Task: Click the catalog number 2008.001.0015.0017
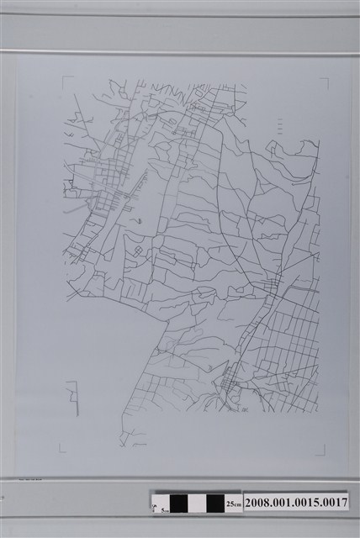pyautogui.click(x=295, y=502)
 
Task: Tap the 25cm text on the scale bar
pyautogui.click(x=234, y=503)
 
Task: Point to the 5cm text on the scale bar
pyautogui.click(x=162, y=508)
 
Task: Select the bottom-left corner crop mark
pyautogui.click(x=64, y=450)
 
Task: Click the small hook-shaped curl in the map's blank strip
pyautogui.click(x=140, y=221)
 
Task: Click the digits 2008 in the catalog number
pyautogui.click(x=258, y=502)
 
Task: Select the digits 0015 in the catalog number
pyautogui.click(x=307, y=502)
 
